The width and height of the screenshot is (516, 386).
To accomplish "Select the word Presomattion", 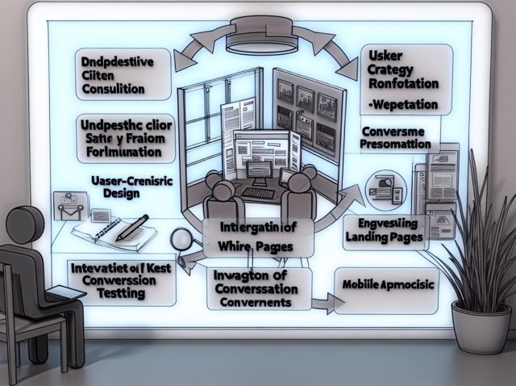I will pyautogui.click(x=391, y=144).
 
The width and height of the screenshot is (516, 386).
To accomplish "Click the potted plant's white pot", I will pyautogui.click(x=481, y=327).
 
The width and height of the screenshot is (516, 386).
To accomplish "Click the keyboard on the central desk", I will pyautogui.click(x=259, y=194).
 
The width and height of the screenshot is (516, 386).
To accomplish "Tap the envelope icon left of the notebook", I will pyautogui.click(x=68, y=207).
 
